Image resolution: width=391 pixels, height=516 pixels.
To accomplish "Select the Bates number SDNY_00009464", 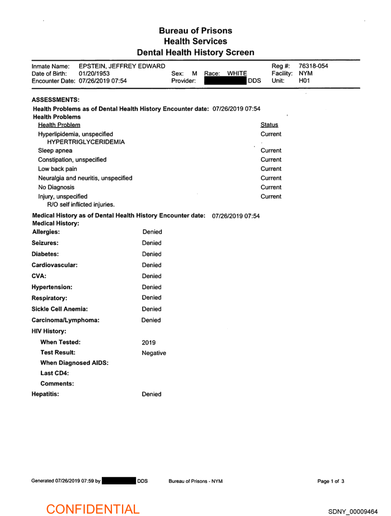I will (353, 512).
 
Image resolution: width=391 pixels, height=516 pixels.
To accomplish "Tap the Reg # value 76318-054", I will (313, 66).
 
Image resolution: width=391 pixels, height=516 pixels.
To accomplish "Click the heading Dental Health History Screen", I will (195, 52).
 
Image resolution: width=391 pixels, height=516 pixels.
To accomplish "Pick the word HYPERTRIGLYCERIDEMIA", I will (86, 142).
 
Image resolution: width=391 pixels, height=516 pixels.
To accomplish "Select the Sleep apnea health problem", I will (55, 151).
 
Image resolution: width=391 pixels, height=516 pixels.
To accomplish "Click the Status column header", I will (269, 125).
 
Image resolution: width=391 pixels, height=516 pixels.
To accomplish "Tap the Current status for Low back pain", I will (271, 169).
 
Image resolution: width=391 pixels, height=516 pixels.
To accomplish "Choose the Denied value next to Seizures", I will (152, 243).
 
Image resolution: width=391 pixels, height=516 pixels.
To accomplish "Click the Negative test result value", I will (154, 353).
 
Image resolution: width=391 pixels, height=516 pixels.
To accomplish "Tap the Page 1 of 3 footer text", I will (330, 481).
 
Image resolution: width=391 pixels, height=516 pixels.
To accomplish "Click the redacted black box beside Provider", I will (225, 81).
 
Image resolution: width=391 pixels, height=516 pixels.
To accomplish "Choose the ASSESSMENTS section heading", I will (55, 100).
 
